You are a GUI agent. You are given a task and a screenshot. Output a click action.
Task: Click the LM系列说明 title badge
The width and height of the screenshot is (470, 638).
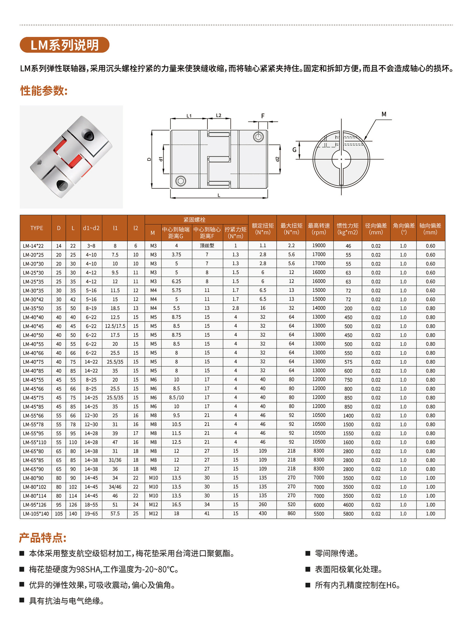click(x=64, y=45)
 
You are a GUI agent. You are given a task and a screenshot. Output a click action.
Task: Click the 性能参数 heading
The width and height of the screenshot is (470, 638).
click(x=44, y=90)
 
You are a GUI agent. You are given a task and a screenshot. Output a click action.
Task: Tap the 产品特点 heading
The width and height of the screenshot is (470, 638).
click(x=43, y=537)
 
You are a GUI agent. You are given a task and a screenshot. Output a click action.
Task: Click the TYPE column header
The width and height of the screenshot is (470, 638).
click(x=37, y=228)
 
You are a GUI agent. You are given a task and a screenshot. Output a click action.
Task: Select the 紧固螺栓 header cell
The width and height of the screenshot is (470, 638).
click(x=194, y=220)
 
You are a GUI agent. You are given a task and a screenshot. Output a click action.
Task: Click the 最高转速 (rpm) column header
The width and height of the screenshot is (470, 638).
click(x=319, y=229)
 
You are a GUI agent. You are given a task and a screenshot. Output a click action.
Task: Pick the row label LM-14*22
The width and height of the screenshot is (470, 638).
click(x=33, y=246)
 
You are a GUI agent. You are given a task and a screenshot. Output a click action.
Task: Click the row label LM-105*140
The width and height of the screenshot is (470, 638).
click(x=36, y=514)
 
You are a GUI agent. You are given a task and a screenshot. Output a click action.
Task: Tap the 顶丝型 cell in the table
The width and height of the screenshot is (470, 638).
click(x=207, y=246)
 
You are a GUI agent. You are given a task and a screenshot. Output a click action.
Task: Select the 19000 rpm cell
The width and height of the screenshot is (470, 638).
click(x=319, y=246)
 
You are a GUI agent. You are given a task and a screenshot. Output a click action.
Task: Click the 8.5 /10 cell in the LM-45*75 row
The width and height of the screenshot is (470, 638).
click(x=176, y=397)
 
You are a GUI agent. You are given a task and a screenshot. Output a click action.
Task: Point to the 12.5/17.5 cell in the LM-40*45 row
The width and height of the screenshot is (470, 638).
click(x=115, y=326)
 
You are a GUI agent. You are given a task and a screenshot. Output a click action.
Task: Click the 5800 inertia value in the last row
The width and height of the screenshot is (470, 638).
click(x=348, y=514)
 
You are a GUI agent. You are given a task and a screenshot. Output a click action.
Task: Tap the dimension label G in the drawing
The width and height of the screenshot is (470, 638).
click(x=294, y=150)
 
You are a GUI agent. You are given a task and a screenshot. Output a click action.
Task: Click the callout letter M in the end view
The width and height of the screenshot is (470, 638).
click(x=384, y=114)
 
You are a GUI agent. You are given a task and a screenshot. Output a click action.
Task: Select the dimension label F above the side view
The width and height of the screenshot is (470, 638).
click(x=263, y=116)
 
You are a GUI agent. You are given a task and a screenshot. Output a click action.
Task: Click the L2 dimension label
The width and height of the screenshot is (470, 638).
click(x=218, y=115)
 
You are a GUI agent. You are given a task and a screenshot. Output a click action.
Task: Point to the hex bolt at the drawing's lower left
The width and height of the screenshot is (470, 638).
click(x=180, y=181)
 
